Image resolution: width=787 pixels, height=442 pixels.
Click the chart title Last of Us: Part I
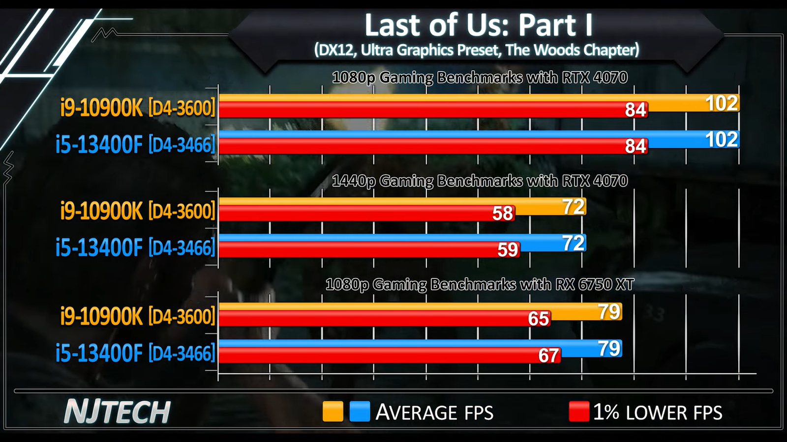478,25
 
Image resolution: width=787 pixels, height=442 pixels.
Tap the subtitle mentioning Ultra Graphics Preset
476,50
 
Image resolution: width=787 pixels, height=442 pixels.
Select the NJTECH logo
117,412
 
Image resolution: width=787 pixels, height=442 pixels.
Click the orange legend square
333,412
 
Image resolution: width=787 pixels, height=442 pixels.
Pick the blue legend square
360,412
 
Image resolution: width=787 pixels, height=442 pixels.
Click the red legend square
578,412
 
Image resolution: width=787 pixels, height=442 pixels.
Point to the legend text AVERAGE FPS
434,413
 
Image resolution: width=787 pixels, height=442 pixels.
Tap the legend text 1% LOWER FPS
658,413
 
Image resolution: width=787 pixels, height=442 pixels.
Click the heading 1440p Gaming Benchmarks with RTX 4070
480,181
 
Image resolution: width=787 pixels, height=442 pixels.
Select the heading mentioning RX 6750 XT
480,285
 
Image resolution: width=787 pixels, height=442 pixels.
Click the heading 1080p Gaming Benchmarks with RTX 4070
480,78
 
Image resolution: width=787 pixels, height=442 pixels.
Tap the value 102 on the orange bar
722,103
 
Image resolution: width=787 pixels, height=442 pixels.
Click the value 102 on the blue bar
722,140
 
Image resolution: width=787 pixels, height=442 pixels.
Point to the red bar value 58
503,214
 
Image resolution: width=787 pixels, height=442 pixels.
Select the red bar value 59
508,250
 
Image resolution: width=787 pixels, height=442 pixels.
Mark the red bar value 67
548,356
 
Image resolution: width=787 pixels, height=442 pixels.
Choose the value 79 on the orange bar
609,312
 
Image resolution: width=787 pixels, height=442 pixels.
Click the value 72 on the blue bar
574,243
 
